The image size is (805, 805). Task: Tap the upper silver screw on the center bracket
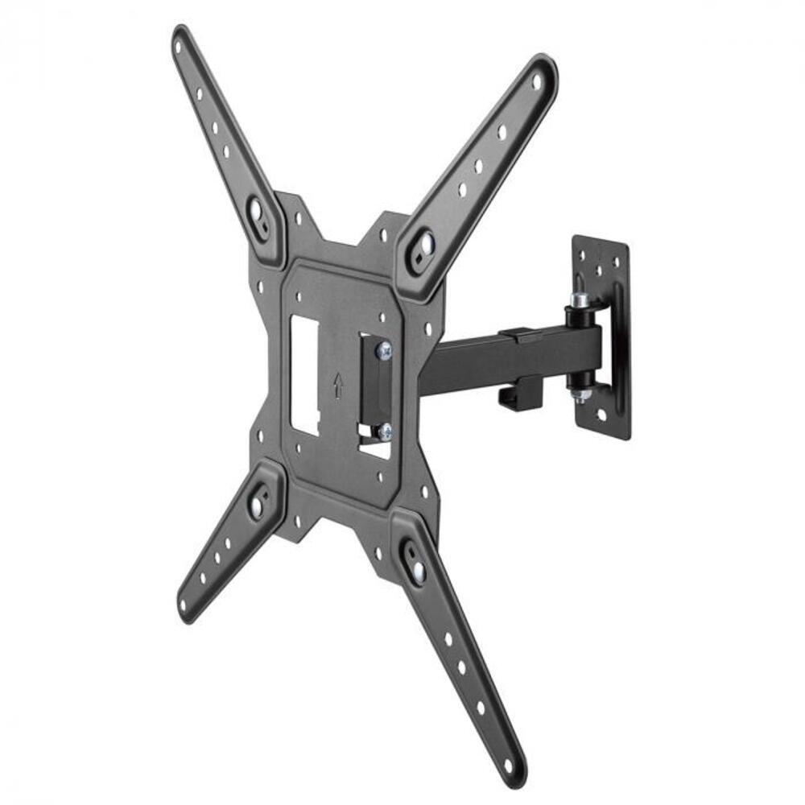pos(384,349)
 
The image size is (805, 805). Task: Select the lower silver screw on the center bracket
pos(384,431)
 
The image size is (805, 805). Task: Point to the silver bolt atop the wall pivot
pos(579,299)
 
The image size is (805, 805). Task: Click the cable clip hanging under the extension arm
pos(515,391)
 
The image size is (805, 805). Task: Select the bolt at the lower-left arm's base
pos(257,506)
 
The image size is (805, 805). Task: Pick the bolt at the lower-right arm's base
pos(418,571)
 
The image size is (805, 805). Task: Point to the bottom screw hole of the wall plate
pos(600,416)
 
